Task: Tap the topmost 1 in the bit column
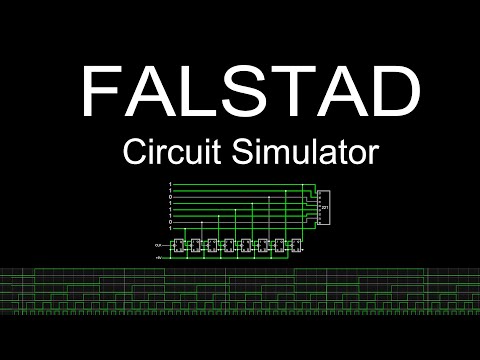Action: (x=171, y=184)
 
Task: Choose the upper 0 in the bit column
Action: (x=171, y=198)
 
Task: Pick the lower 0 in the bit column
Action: (x=171, y=221)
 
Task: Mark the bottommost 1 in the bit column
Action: (x=171, y=228)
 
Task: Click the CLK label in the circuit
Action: (x=159, y=243)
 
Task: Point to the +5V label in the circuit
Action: (x=159, y=257)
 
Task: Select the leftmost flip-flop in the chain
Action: (x=181, y=245)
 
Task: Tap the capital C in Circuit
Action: (x=133, y=153)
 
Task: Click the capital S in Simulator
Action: (x=243, y=153)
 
